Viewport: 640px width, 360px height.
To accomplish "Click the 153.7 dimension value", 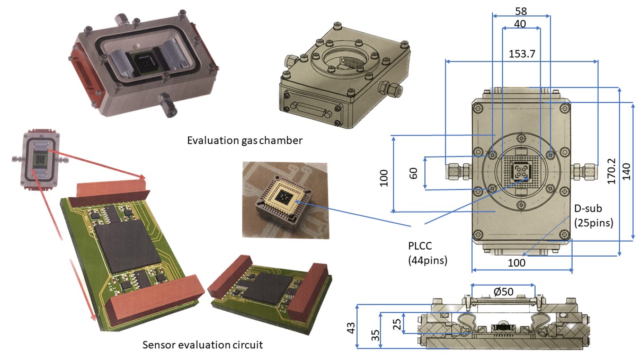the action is (x=522, y=54).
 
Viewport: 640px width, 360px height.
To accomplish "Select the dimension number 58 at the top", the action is (x=521, y=11).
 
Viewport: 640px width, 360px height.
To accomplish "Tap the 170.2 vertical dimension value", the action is (x=611, y=171).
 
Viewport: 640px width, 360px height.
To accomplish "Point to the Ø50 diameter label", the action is (x=503, y=292).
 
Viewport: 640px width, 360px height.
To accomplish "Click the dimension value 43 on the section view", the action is (x=351, y=328).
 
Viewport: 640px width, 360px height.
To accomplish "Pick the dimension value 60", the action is (x=413, y=173).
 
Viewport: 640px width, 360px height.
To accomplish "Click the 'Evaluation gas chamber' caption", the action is (x=245, y=141).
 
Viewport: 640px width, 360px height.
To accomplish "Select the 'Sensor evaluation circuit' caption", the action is (x=202, y=345).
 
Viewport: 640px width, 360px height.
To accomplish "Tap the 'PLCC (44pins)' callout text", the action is (x=428, y=253).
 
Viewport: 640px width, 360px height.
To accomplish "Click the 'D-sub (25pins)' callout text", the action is (x=594, y=216).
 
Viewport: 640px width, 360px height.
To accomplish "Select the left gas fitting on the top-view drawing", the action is (x=458, y=171).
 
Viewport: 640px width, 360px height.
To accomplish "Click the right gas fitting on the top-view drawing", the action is (x=584, y=171).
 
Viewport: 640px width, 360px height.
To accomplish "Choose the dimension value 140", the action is (x=626, y=171).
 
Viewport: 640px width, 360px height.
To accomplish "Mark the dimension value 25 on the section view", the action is (x=397, y=324).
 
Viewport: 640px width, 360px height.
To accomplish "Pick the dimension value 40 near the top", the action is (x=520, y=24).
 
